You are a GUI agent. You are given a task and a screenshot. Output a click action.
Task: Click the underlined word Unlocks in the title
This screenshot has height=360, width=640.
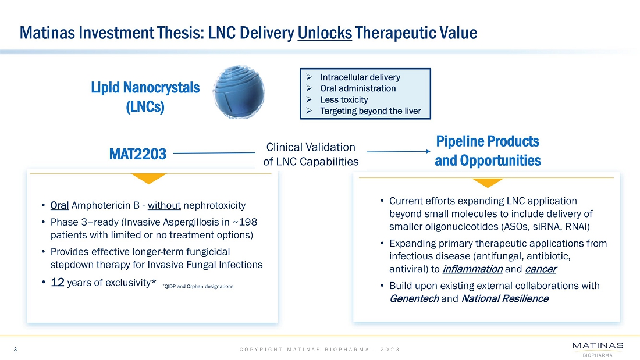click(325, 33)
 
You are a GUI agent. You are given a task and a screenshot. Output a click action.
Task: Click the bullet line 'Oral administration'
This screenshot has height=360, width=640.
click(358, 88)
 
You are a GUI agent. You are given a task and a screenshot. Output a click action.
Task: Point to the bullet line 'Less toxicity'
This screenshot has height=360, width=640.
click(344, 99)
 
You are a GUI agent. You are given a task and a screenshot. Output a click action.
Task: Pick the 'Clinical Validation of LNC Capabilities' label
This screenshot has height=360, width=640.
click(311, 154)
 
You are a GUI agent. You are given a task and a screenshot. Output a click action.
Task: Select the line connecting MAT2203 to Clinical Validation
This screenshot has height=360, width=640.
click(214, 153)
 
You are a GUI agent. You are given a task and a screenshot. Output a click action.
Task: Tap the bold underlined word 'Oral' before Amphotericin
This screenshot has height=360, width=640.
click(59, 205)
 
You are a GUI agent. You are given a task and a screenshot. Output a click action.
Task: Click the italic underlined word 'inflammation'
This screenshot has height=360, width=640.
click(472, 269)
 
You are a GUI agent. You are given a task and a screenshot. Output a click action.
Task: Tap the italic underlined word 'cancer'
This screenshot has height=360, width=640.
click(541, 269)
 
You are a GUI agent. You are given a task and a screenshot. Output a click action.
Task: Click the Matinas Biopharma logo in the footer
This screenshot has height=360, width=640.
click(598, 349)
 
